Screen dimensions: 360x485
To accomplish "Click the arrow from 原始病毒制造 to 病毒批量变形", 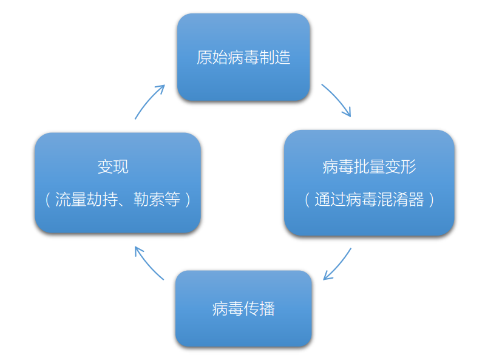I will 336,100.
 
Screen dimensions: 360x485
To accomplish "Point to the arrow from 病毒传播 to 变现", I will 148,262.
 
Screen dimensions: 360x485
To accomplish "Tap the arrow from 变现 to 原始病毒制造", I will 149,101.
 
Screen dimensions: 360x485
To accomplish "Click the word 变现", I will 113,166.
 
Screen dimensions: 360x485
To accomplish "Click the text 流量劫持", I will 86,199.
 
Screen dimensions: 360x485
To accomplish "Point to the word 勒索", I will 149,199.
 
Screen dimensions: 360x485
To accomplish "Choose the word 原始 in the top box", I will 212,58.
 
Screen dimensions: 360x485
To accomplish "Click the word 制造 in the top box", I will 275,58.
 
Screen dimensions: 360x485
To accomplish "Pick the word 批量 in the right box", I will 369,167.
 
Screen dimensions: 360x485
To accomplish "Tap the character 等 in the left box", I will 172,199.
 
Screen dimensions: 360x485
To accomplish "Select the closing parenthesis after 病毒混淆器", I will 432,200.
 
